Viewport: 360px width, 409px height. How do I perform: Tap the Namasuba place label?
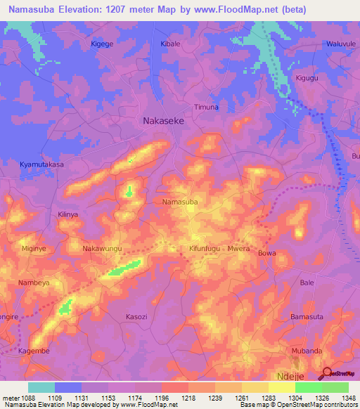click(180, 202)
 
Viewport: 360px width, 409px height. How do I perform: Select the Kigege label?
click(102, 44)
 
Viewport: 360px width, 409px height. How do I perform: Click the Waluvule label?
click(339, 44)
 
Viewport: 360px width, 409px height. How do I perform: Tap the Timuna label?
click(207, 107)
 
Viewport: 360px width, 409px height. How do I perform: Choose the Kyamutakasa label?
click(41, 164)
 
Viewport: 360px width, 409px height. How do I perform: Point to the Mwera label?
click(239, 249)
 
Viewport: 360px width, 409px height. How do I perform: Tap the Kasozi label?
click(136, 317)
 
